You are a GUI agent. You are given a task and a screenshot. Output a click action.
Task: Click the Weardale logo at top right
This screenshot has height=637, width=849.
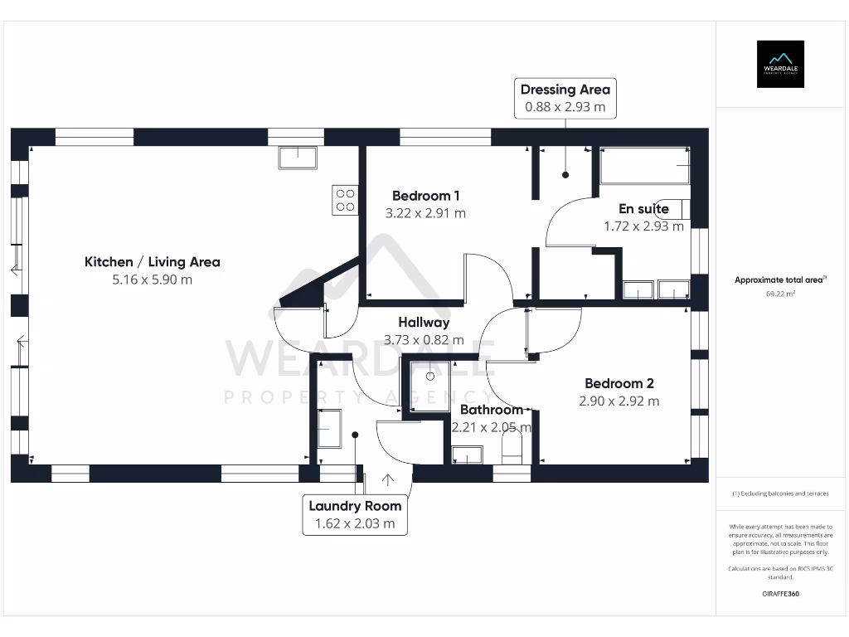pyautogui.click(x=780, y=64)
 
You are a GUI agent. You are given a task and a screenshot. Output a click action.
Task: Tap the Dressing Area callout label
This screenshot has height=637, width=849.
pyautogui.click(x=565, y=98)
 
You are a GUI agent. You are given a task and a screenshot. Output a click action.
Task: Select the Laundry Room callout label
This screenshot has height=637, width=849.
pyautogui.click(x=355, y=514)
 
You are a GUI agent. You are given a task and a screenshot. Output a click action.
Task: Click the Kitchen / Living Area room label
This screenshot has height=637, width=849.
pyautogui.click(x=153, y=262)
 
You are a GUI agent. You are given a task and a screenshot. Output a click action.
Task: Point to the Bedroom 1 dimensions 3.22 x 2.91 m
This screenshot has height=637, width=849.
pyautogui.click(x=425, y=213)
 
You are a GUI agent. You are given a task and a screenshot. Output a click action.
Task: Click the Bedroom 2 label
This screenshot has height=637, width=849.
pyautogui.click(x=619, y=383)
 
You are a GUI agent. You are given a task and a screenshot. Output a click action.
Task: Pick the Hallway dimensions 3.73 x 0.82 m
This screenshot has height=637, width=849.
pyautogui.click(x=424, y=339)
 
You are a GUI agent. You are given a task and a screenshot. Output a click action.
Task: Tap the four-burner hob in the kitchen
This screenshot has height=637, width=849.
pyautogui.click(x=345, y=200)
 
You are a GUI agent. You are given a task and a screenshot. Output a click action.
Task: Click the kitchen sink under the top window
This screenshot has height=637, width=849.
pyautogui.click(x=298, y=157)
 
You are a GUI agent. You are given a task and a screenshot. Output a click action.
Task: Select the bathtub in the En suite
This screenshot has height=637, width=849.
pyautogui.click(x=644, y=166)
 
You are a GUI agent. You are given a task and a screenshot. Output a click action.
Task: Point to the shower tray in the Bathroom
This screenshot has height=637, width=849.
pyautogui.click(x=430, y=377)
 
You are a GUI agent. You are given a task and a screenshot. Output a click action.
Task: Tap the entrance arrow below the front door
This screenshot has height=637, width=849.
pyautogui.click(x=387, y=479)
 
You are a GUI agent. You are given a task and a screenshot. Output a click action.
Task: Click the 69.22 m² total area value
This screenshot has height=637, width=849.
pyautogui.click(x=780, y=294)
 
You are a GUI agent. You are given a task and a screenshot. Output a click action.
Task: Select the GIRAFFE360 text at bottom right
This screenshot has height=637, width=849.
pyautogui.click(x=780, y=594)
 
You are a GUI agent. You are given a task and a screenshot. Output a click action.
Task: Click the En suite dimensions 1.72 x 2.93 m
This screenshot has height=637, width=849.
pyautogui.click(x=643, y=226)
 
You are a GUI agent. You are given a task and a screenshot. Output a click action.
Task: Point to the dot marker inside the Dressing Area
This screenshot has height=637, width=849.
pyautogui.click(x=565, y=175)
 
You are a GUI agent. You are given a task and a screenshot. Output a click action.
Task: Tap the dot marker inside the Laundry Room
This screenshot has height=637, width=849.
pyautogui.click(x=355, y=434)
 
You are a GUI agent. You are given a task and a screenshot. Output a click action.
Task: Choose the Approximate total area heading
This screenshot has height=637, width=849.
pyautogui.click(x=779, y=280)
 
